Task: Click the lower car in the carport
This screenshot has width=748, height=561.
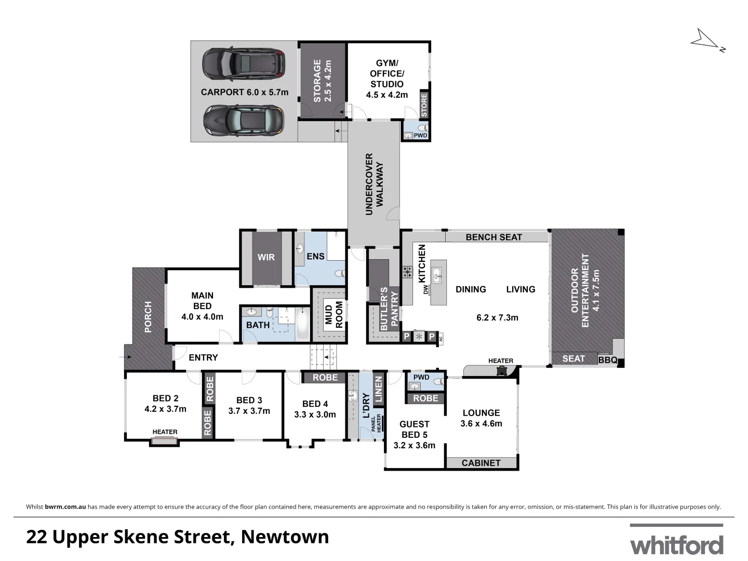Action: click(244, 120)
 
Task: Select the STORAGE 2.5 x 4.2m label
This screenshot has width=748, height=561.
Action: click(322, 81)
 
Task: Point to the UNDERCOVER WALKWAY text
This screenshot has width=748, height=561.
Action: click(374, 184)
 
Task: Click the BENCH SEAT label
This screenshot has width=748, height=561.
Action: click(493, 237)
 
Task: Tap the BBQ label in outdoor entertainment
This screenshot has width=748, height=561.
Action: click(607, 360)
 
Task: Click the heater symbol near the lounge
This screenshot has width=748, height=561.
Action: click(502, 370)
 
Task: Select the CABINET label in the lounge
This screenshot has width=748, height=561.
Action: click(481, 463)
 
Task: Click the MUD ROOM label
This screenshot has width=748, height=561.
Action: click(334, 315)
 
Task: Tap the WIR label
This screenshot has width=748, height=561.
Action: click(266, 257)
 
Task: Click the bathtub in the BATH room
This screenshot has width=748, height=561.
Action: click(302, 324)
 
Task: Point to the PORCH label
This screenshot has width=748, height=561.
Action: click(148, 317)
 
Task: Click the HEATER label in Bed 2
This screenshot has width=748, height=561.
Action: click(165, 432)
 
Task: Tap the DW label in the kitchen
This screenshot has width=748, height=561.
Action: click(425, 289)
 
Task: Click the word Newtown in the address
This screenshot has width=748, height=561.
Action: click(285, 537)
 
